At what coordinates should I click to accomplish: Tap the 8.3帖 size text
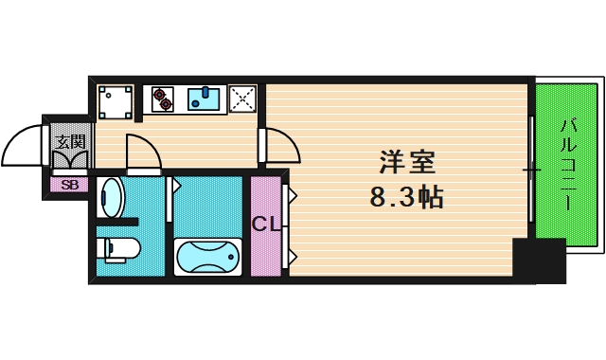pyautogui.click(x=408, y=198)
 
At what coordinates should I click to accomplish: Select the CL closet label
pyautogui.click(x=265, y=225)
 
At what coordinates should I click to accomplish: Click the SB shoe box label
pyautogui.click(x=69, y=185)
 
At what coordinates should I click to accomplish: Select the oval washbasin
pyautogui.click(x=111, y=197)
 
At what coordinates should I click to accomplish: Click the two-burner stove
pyautogui.click(x=163, y=98)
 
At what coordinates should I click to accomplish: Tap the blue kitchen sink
pyautogui.click(x=204, y=98)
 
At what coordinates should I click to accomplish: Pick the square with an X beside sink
pyautogui.click(x=243, y=99)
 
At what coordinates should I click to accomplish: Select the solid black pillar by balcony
pyautogui.click(x=539, y=261)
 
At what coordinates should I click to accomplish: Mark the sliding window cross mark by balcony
pyautogui.click(x=532, y=171)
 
